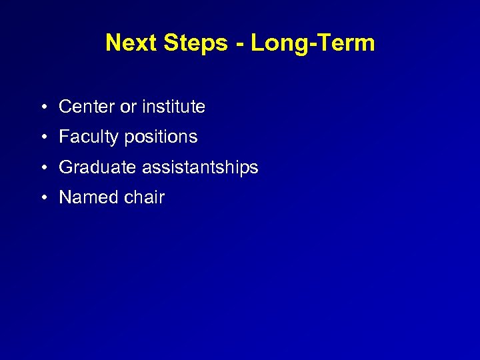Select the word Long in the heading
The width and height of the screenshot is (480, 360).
tap(273, 43)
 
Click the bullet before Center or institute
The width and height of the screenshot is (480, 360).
tap(42, 107)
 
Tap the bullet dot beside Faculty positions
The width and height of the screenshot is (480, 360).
tap(42, 138)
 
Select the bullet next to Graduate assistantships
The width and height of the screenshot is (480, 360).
tap(42, 168)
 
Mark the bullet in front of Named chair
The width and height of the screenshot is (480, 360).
tap(42, 199)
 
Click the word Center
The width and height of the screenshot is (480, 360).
tap(87, 107)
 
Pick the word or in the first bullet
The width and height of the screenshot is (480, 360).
tap(128, 107)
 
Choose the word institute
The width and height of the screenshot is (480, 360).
tap(173, 107)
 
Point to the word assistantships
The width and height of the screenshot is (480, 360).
tap(199, 168)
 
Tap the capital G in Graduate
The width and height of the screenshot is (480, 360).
tap(65, 167)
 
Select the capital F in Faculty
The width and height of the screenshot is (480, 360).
tap(64, 137)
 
